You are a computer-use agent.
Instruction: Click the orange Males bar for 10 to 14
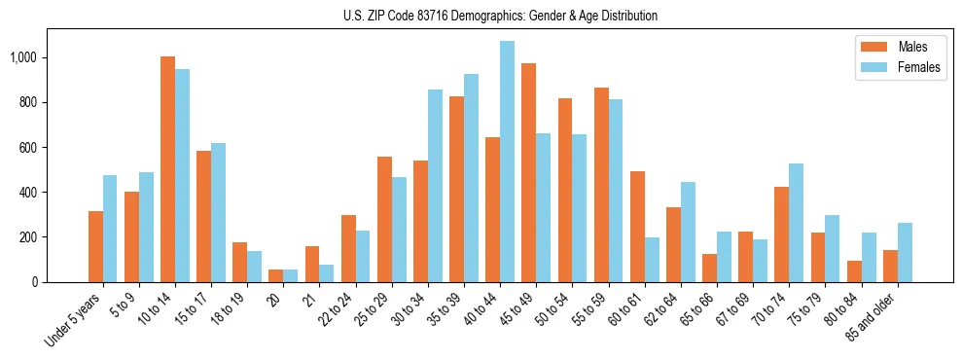pos(167,169)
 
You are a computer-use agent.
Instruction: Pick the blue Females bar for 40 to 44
pos(507,162)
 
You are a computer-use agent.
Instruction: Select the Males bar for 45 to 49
pos(528,173)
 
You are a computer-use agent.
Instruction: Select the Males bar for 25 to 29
pos(384,219)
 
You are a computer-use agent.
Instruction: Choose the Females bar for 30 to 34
pos(435,186)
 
